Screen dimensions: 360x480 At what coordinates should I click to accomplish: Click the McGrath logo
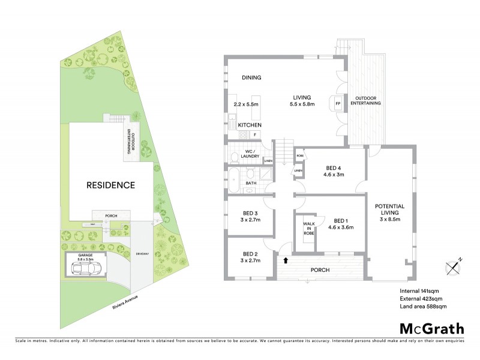click(431, 328)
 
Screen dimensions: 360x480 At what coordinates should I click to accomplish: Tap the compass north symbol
click(453, 266)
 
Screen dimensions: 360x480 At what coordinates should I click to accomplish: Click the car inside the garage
click(85, 270)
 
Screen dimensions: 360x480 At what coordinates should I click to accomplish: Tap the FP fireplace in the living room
click(338, 103)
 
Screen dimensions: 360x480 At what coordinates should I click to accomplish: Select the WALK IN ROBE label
click(308, 229)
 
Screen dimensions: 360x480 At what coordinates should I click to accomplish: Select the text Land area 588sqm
click(424, 307)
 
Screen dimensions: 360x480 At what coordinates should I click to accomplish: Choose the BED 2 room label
click(250, 257)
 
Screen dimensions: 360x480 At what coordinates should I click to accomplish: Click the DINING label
click(251, 78)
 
